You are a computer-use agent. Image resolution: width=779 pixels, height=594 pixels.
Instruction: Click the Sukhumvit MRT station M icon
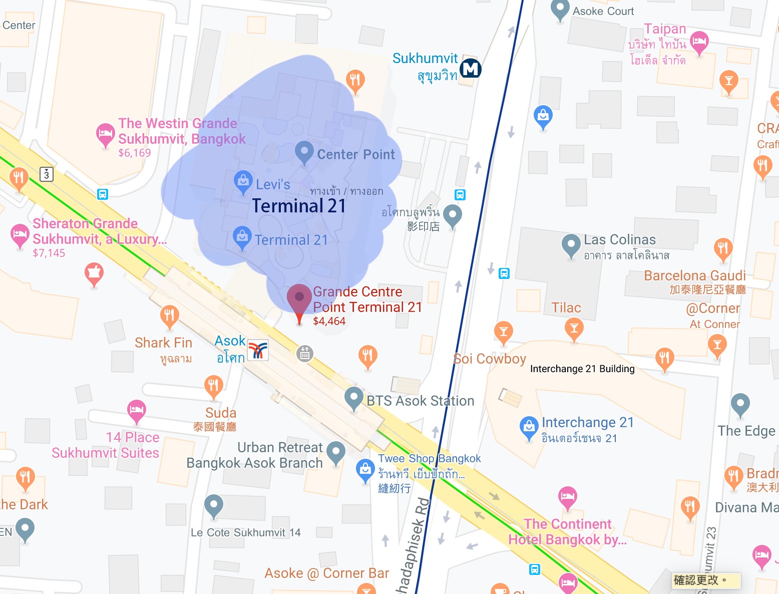click(x=471, y=69)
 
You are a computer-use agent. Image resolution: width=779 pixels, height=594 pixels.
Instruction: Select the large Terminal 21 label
click(x=299, y=206)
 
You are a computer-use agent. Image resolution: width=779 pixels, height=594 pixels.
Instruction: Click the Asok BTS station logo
click(x=258, y=351)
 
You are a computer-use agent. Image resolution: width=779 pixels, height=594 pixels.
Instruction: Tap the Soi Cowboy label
click(x=490, y=359)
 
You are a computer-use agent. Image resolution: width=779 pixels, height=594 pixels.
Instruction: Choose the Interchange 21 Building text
click(x=582, y=369)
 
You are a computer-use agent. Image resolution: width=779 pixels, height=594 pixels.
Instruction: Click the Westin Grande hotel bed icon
click(x=105, y=134)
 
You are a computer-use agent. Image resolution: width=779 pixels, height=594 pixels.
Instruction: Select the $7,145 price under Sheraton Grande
click(x=49, y=253)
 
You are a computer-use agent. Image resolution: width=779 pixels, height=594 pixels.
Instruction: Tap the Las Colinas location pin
click(x=571, y=244)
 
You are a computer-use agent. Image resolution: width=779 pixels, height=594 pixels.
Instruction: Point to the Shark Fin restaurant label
click(x=163, y=343)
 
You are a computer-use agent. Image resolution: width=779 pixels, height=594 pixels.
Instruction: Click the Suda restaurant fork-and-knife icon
click(x=214, y=386)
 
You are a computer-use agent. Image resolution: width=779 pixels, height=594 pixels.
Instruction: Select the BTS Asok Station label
click(x=420, y=401)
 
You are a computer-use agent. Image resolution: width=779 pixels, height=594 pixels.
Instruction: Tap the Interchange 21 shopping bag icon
click(x=529, y=427)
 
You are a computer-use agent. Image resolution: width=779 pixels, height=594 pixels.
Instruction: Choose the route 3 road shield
click(x=47, y=174)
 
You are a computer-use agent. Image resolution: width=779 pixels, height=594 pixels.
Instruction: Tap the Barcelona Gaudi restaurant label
click(x=694, y=275)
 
